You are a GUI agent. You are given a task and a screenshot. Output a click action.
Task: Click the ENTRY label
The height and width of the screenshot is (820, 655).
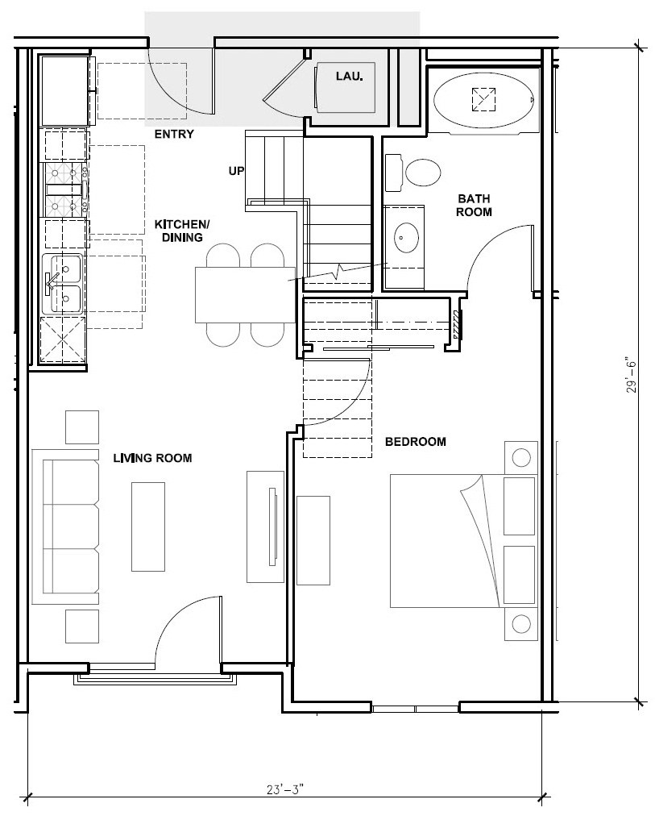coord(174,134)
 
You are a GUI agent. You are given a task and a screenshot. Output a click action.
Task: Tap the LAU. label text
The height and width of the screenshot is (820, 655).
coord(350,77)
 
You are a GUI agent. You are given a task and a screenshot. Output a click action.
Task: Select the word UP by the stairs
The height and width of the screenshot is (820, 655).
coord(236,171)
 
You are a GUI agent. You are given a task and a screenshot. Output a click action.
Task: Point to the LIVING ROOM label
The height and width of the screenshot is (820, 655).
coord(152,458)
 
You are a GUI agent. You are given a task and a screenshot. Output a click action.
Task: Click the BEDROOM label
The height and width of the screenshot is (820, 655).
coord(415,442)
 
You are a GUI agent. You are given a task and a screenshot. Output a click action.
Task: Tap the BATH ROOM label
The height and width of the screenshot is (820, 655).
coord(474,205)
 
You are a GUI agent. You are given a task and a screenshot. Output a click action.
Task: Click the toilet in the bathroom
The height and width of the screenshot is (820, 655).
coord(422,173)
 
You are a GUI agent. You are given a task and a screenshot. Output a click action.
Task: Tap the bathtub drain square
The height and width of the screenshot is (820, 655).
coord(483,98)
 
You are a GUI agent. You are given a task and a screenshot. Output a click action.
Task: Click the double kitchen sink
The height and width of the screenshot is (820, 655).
coord(63,283)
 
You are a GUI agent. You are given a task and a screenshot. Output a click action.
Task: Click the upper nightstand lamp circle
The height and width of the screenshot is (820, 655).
coord(521,458)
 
